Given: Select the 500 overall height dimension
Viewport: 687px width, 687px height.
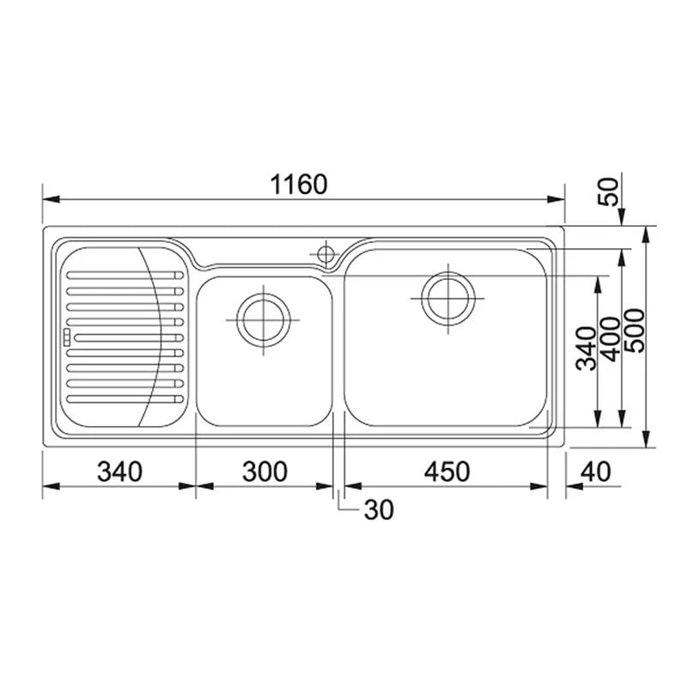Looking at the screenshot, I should pos(635,331).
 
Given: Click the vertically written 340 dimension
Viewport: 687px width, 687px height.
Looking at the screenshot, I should pos(586,348).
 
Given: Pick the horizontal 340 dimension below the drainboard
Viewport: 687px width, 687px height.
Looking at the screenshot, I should pos(119,471).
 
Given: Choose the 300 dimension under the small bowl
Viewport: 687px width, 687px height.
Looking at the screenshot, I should pos(264,471).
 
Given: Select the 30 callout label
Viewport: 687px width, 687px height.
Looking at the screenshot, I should pos(378,510).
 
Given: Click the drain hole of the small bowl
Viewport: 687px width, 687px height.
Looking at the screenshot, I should pos(263,319).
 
